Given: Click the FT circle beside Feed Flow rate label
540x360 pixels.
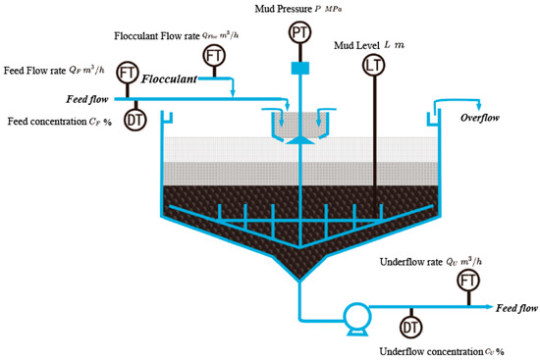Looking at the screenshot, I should click(127, 72).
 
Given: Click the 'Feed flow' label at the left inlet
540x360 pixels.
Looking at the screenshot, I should click(87, 99).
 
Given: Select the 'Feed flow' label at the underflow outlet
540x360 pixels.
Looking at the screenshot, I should click(514, 308).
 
